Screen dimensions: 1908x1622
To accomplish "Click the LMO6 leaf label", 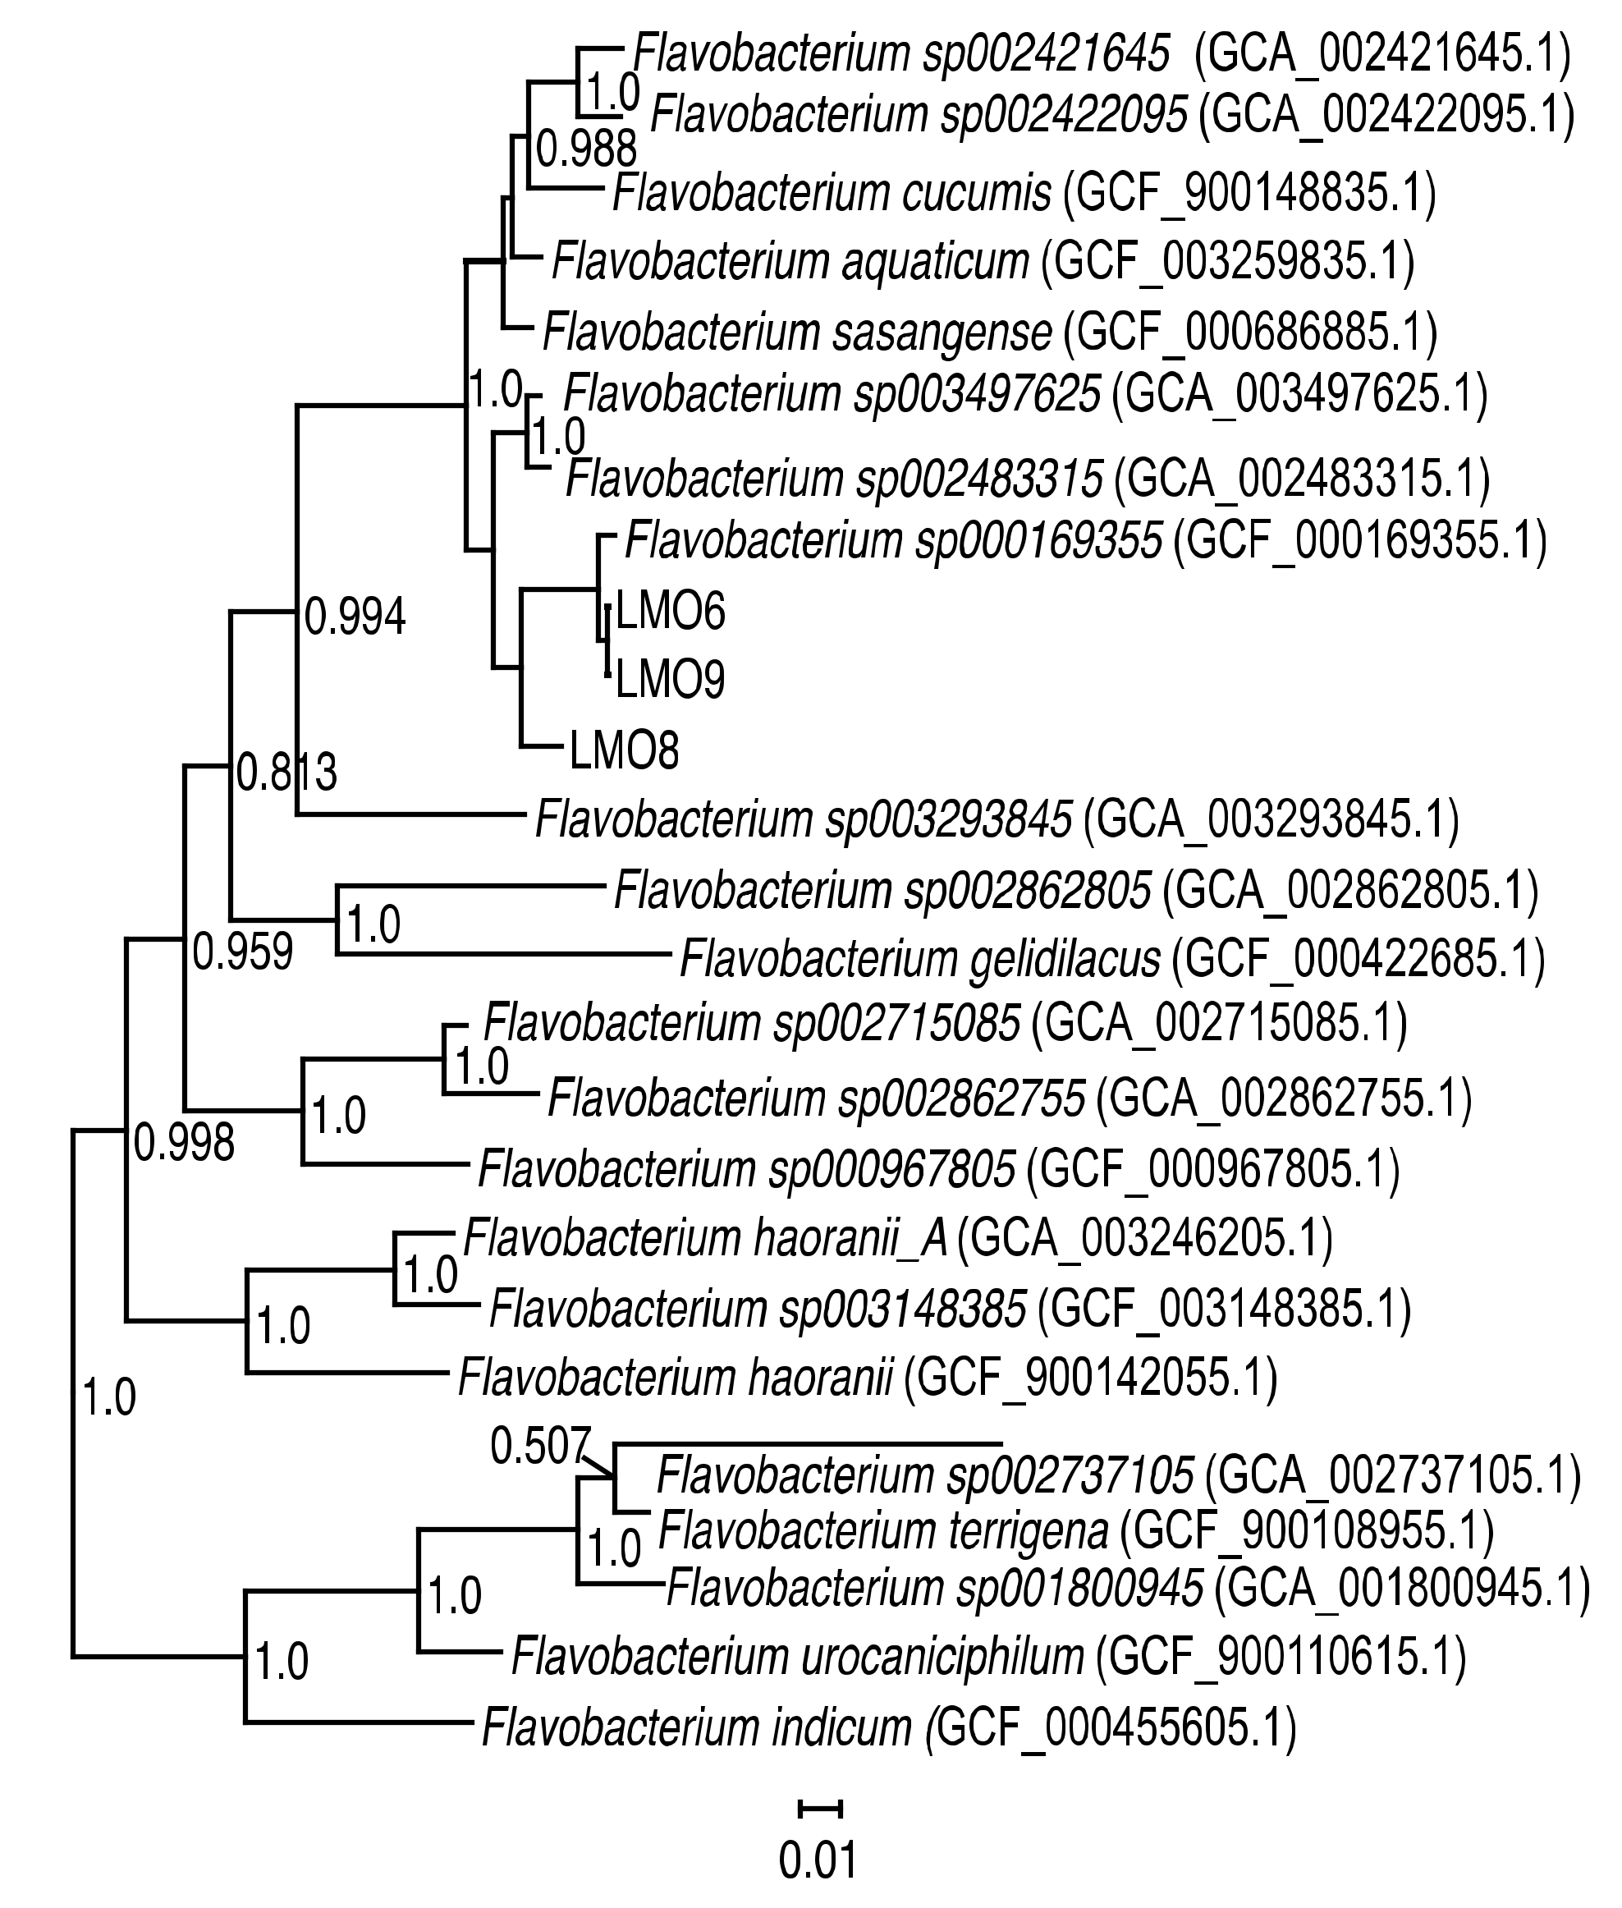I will pyautogui.click(x=671, y=611).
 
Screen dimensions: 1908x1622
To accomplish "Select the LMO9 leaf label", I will pyautogui.click(x=671, y=681).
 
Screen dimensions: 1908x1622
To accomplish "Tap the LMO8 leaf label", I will pyautogui.click(x=625, y=750).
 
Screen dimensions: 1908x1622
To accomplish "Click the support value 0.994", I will pyautogui.click(x=355, y=617).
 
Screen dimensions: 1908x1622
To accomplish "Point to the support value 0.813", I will pyautogui.click(x=286, y=773).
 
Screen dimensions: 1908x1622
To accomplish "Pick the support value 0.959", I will pyautogui.click(x=243, y=952).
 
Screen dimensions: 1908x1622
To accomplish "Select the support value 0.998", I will pyautogui.click(x=185, y=1143).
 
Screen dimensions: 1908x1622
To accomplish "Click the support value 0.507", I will pyautogui.click(x=538, y=1447).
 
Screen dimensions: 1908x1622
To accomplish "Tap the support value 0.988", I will pyautogui.click(x=587, y=148).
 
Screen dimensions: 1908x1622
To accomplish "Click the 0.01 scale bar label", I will pyautogui.click(x=818, y=1860).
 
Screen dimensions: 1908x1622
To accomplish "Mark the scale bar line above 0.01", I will pyautogui.click(x=819, y=1809).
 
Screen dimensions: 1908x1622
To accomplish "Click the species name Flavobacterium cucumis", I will pyautogui.click(x=832, y=193).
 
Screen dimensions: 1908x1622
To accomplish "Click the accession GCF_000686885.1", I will pyautogui.click(x=1249, y=332).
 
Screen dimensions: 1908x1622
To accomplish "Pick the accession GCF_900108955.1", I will pyautogui.click(x=1307, y=1531).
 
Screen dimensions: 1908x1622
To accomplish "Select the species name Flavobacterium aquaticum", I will pyautogui.click(x=790, y=262).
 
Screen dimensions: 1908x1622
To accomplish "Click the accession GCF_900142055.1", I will pyautogui.click(x=1091, y=1378).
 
